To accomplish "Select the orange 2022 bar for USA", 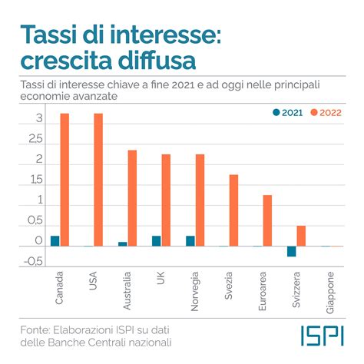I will click(x=98, y=180).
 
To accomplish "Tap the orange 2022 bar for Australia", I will click(x=132, y=198).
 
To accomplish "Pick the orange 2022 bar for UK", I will click(x=166, y=200).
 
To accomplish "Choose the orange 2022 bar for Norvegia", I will click(x=200, y=200).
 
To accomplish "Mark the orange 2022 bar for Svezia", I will click(x=233, y=210).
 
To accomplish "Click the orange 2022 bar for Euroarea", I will click(x=267, y=220).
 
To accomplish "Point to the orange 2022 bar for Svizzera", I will click(x=301, y=236).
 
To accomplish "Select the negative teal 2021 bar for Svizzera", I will click(x=292, y=251).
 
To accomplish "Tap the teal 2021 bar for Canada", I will click(x=55, y=241).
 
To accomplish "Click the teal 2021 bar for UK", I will click(x=157, y=241).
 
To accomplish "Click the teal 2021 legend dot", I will click(x=276, y=113).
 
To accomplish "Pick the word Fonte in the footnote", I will click(x=35, y=329).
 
